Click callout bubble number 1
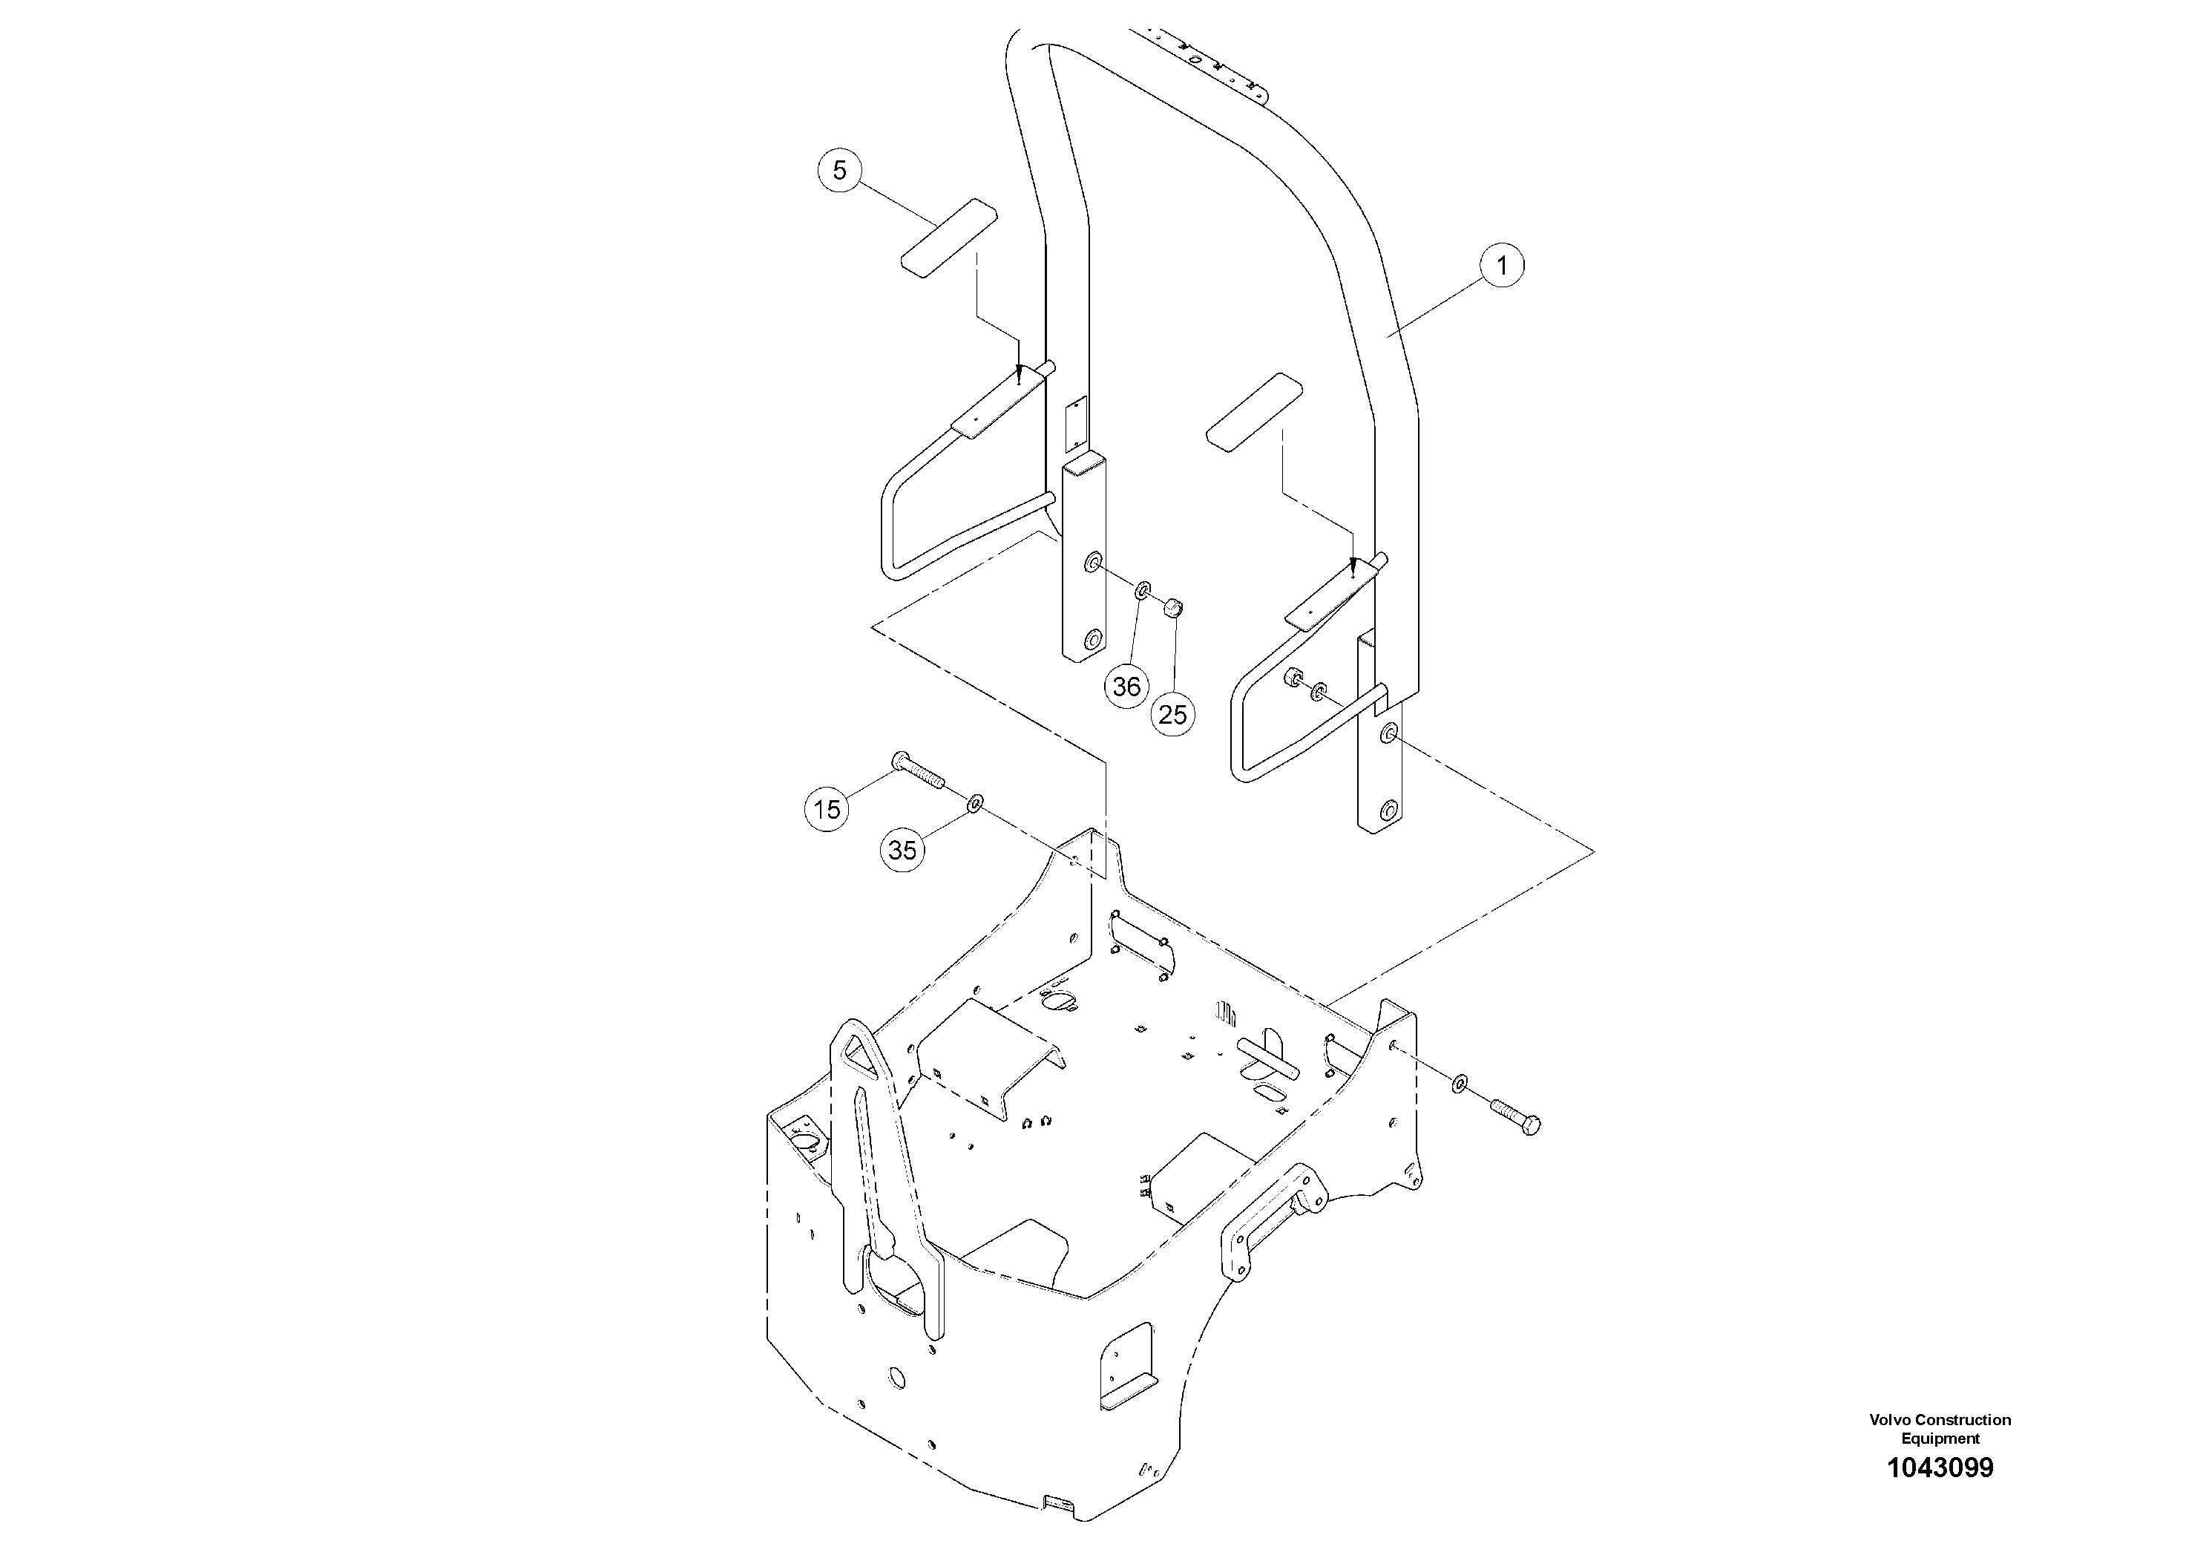[x=1502, y=265]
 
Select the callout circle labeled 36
[x=1126, y=686]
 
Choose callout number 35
[x=902, y=850]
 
